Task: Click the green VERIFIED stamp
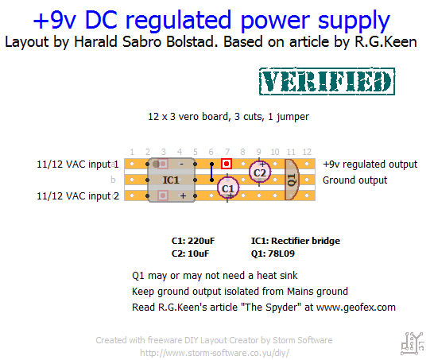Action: (x=327, y=81)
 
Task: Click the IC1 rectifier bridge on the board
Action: (x=172, y=180)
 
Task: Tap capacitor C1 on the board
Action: (x=227, y=188)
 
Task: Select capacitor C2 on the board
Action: (x=260, y=172)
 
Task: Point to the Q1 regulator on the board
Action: (x=292, y=180)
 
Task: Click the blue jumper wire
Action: (x=211, y=172)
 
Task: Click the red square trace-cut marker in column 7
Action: (x=227, y=164)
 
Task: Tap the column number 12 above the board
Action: (x=307, y=152)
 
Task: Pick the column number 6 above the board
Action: (x=211, y=152)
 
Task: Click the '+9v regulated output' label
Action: (x=370, y=165)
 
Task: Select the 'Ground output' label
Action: (x=354, y=180)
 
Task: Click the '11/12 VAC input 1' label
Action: (x=78, y=165)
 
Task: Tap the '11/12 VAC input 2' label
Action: (x=78, y=196)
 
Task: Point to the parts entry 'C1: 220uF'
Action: (x=193, y=241)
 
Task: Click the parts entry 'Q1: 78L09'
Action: (x=273, y=254)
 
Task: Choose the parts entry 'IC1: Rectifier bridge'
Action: (x=296, y=241)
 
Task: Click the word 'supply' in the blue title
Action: (x=354, y=21)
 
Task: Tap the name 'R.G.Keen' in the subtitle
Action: (x=385, y=42)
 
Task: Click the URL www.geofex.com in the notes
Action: (x=356, y=308)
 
